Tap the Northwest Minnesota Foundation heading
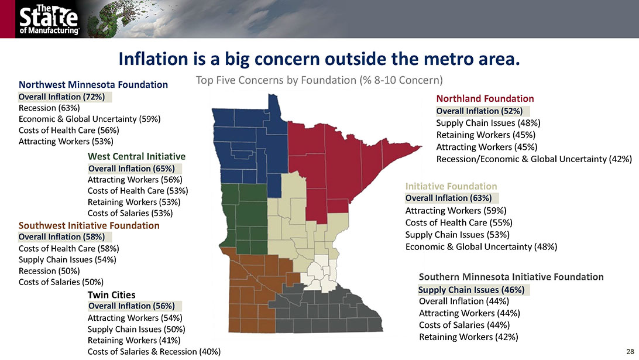coord(93,84)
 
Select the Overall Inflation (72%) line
coord(61,97)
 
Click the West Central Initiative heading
coord(136,156)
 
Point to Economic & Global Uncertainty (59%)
coord(90,119)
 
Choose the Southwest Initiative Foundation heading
coord(89,225)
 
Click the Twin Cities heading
coord(111,295)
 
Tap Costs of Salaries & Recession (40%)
coord(154,351)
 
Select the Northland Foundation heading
coord(485,98)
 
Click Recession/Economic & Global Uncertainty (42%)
coord(534,159)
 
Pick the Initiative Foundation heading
coord(451,186)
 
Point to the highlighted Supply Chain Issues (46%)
coord(472,290)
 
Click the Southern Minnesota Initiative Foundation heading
coord(511,277)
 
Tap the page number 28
coord(630,351)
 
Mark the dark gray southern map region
coord(326,312)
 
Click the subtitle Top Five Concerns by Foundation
coord(319,80)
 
